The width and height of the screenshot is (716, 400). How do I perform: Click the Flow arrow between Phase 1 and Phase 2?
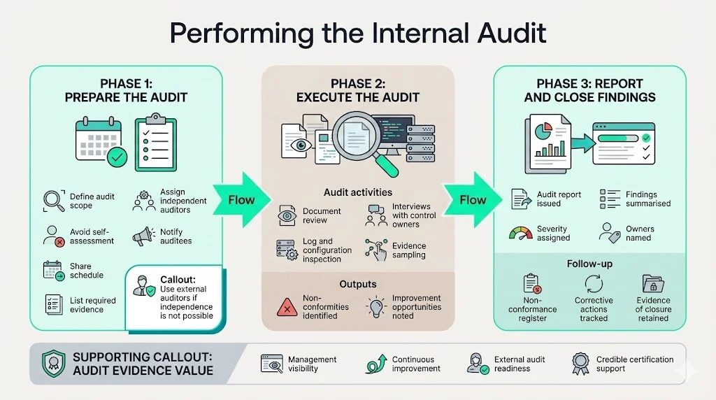pyautogui.click(x=241, y=200)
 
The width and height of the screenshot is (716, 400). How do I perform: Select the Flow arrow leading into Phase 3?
pyautogui.click(x=473, y=200)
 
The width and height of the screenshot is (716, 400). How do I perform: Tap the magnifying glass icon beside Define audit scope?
pyautogui.click(x=54, y=201)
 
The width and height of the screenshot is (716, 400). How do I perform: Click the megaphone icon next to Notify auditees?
pyautogui.click(x=143, y=236)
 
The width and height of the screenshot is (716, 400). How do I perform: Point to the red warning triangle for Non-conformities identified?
pyautogui.click(x=287, y=306)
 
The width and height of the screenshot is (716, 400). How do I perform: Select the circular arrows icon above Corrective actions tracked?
pyautogui.click(x=594, y=284)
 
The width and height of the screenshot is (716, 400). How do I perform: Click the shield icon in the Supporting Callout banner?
pyautogui.click(x=53, y=363)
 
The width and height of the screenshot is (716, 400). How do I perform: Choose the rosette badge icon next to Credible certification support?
pyautogui.click(x=580, y=363)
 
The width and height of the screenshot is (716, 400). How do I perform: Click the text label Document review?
pyautogui.click(x=322, y=215)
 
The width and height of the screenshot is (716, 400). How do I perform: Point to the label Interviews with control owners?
pyautogui.click(x=414, y=215)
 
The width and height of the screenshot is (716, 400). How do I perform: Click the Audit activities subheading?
pyautogui.click(x=357, y=192)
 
